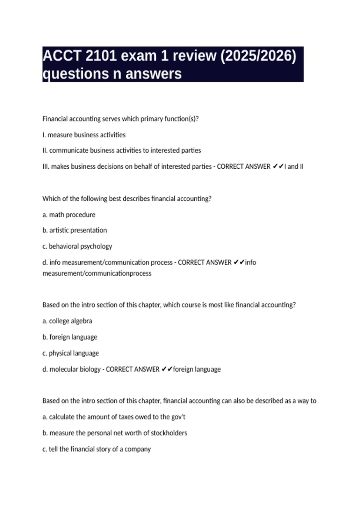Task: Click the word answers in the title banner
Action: (x=153, y=74)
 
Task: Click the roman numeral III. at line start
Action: (x=46, y=166)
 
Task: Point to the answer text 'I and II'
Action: (x=294, y=166)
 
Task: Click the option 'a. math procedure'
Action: (x=69, y=215)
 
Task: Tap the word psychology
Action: (x=96, y=246)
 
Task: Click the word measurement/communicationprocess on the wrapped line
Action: (x=97, y=273)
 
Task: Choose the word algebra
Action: (x=81, y=321)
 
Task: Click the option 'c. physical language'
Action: (x=70, y=353)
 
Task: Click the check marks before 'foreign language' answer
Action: (x=167, y=369)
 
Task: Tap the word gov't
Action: (x=178, y=417)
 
